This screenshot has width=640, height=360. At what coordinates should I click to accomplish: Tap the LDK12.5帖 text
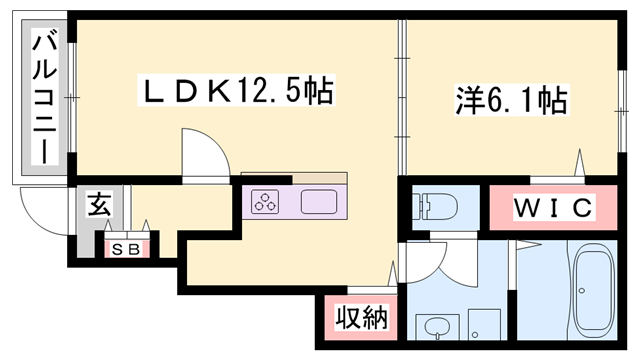coord(234,92)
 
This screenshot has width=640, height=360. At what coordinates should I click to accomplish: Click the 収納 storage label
coord(359,320)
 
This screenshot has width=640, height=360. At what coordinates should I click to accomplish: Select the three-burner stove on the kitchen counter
coord(267,203)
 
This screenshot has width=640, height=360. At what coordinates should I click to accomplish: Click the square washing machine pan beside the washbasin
coord(485,324)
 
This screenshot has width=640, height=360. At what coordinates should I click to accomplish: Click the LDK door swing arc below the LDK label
coord(204,151)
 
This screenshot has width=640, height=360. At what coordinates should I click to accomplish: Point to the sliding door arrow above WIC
coord(578,160)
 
